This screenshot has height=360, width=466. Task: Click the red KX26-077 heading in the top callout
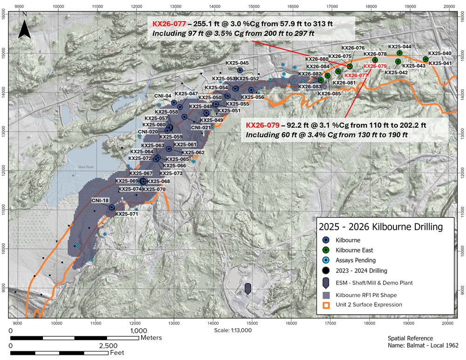(163, 24)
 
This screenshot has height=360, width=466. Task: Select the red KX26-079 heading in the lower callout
(262, 125)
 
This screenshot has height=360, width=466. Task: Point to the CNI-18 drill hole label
(101, 200)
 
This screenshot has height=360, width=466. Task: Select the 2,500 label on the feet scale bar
(108, 346)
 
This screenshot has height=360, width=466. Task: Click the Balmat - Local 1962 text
(423, 345)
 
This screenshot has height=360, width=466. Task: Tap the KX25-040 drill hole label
(439, 54)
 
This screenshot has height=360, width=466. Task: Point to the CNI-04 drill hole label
(163, 95)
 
